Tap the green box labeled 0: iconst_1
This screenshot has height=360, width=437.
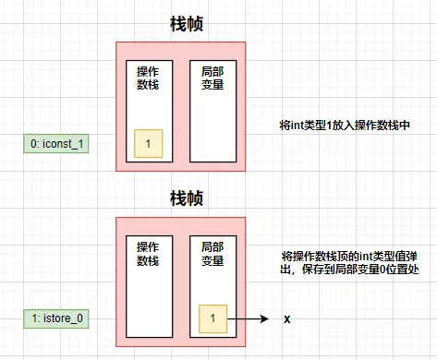coord(56,144)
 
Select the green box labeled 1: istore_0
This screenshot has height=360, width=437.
coord(56,319)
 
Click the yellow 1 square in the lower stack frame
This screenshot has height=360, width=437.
coord(212,318)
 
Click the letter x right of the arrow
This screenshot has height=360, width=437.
coord(287,318)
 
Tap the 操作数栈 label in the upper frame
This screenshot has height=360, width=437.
coord(148,78)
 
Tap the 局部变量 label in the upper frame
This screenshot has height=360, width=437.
coord(212,78)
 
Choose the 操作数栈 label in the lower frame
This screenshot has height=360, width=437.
coord(148,254)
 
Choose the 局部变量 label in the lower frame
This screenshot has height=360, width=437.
coord(212,254)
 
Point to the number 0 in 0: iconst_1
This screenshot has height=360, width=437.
coord(34,144)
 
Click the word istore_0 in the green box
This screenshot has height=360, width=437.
coord(65,319)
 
